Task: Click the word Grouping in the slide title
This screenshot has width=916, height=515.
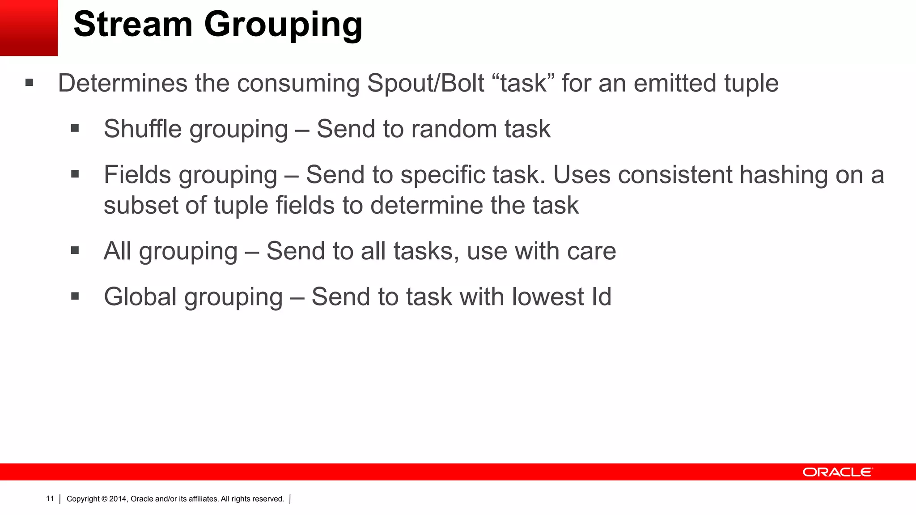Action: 283,26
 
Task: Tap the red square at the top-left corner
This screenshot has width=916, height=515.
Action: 29,28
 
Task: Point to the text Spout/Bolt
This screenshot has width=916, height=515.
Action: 425,83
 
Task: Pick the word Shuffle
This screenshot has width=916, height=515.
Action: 143,129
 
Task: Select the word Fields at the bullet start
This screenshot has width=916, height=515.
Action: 137,174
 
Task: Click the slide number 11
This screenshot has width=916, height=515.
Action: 50,498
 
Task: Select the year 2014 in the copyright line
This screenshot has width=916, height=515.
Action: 118,499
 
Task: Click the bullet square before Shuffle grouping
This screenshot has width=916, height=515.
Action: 75,129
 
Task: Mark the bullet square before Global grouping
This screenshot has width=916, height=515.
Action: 75,296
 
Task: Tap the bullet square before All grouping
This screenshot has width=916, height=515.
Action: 75,250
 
